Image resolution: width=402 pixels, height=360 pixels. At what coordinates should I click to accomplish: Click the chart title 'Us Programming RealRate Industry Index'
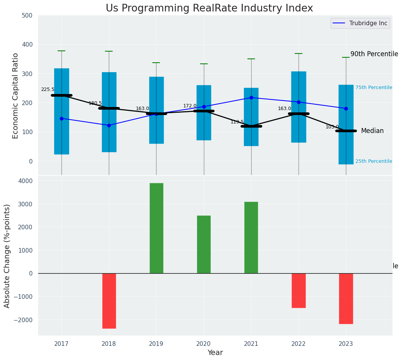[x=209, y=8]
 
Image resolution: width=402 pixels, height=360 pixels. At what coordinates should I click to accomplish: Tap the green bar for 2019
[x=156, y=228]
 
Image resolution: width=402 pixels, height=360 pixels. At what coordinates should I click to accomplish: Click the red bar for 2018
[x=109, y=301]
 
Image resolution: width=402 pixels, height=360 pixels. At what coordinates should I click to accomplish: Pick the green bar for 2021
[x=251, y=237]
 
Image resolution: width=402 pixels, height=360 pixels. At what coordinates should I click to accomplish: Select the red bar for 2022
[x=299, y=290]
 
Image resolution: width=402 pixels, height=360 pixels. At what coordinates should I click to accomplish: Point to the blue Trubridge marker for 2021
[x=251, y=97]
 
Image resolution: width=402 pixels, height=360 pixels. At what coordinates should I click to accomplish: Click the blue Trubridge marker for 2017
[x=61, y=118]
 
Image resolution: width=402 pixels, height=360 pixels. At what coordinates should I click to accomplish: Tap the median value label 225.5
[x=48, y=89]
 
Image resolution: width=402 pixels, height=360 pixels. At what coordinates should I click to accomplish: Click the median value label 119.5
[x=237, y=122]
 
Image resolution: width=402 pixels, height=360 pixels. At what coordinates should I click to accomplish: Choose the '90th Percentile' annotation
[x=374, y=54]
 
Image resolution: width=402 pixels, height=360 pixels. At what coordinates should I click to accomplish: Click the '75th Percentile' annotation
[x=374, y=88]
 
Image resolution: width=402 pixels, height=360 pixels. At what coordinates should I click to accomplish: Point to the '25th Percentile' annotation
[x=374, y=161]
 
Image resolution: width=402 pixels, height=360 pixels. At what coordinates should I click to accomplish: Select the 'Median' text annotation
[x=372, y=131]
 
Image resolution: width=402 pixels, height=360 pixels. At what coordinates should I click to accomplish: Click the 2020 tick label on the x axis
[x=203, y=344]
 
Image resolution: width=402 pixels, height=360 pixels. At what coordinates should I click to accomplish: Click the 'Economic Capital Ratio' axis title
[x=16, y=96]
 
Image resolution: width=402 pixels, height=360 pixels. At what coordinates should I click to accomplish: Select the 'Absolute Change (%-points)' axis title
[x=7, y=256]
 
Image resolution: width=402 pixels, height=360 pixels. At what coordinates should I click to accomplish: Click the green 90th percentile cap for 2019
[x=156, y=63]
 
